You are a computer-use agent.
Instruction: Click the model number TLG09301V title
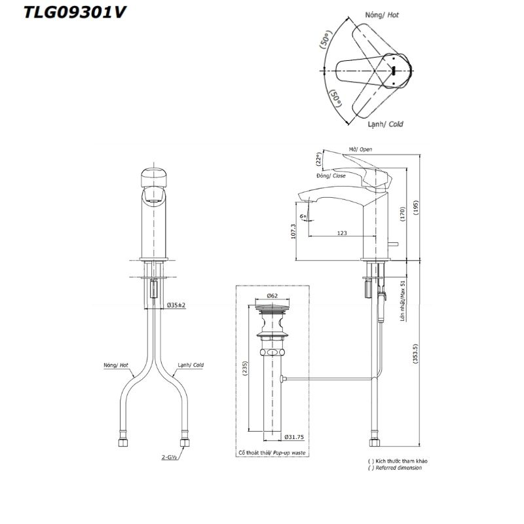(x=75, y=12)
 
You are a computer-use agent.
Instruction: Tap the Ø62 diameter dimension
(x=272, y=296)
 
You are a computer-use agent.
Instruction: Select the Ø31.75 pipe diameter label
(x=294, y=437)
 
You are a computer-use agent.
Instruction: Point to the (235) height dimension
(x=245, y=369)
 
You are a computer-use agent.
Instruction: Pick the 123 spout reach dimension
(x=342, y=233)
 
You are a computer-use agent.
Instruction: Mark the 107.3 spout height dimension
(x=293, y=231)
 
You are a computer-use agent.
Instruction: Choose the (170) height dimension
(x=402, y=214)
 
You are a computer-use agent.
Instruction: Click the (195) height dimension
(x=416, y=208)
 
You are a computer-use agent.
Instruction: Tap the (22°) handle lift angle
(x=318, y=159)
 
